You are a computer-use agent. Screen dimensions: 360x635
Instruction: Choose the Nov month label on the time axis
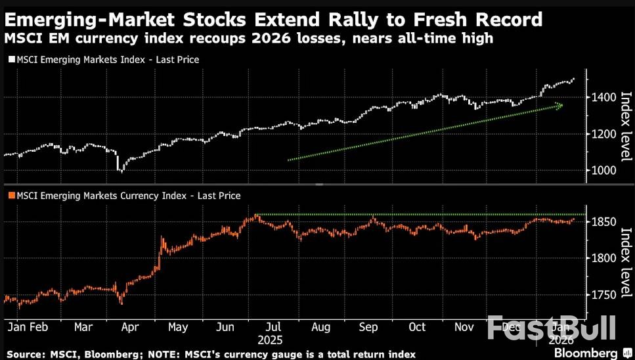click(x=465, y=327)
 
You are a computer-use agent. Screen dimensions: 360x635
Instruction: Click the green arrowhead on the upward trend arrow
click(x=559, y=105)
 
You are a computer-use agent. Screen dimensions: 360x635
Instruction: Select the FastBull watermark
click(x=552, y=326)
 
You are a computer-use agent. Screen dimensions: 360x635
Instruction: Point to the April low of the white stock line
click(x=120, y=171)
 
